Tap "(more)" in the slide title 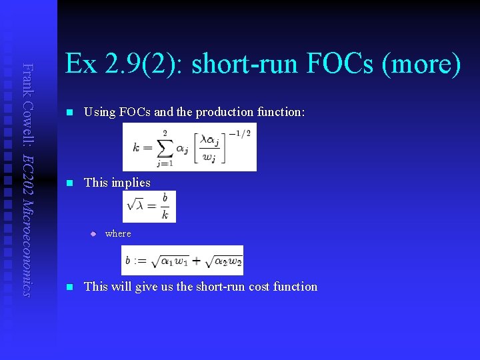tap(426, 65)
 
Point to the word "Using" tap(100, 112)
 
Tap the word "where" tap(118, 233)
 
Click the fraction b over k tap(165, 207)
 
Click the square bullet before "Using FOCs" tap(69, 112)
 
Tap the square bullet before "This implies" tap(69, 182)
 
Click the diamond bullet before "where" tap(93, 233)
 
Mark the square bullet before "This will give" tap(69, 287)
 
